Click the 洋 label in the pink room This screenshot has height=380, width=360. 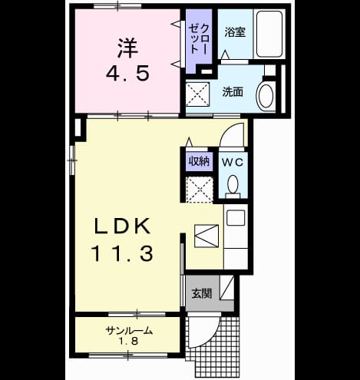(128, 48)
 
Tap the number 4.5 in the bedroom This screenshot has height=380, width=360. (127, 73)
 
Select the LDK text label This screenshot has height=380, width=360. (122, 226)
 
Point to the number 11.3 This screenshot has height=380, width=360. (122, 253)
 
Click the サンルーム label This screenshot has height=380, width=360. (129, 331)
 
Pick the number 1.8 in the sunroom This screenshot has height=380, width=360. (129, 341)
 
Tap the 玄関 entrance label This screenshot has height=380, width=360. (202, 293)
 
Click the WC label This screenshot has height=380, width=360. (233, 162)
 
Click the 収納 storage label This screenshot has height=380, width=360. (199, 161)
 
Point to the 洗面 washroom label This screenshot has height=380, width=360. (233, 92)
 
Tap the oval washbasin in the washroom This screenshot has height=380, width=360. (266, 96)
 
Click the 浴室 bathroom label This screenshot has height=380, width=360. (235, 32)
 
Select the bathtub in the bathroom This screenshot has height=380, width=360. (269, 34)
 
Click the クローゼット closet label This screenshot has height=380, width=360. (199, 39)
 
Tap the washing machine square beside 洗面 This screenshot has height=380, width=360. (198, 94)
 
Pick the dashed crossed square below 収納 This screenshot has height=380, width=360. (200, 190)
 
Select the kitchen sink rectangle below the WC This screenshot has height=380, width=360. (236, 218)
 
